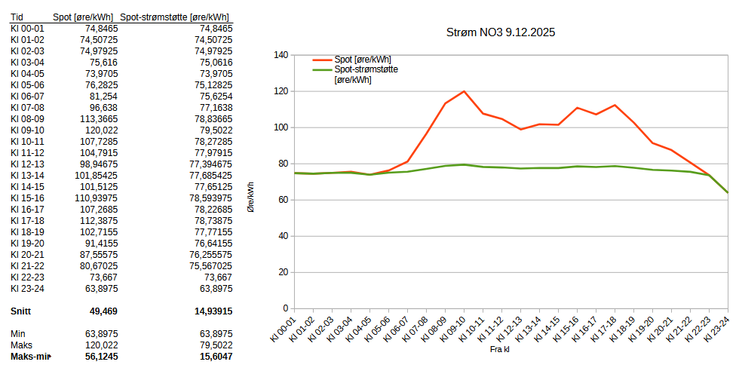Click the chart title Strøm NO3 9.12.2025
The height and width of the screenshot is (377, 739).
tap(501, 33)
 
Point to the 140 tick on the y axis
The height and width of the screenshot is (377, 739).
tap(281, 55)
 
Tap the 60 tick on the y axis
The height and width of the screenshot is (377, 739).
tap(283, 200)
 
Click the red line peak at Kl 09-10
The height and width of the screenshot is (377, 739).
tap(464, 91)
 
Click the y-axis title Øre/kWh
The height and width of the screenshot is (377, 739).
tap(250, 197)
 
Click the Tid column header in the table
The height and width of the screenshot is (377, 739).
tap(17, 17)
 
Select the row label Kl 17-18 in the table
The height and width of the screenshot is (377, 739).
tap(27, 220)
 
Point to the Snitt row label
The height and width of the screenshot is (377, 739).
tap(21, 311)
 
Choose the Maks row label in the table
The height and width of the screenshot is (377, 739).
tap(21, 345)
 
